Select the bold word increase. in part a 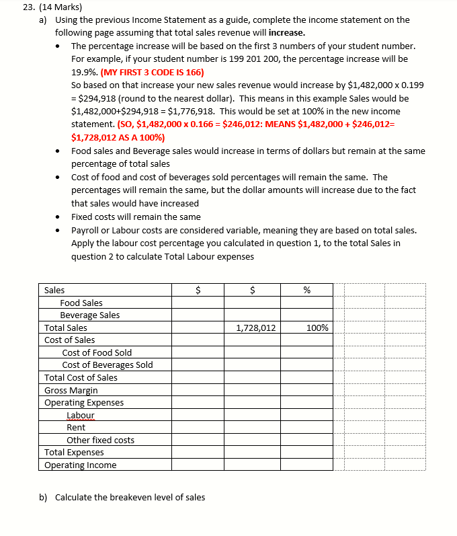point(286,32)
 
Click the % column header point(306,291)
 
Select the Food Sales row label point(81,303)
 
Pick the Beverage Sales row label point(90,315)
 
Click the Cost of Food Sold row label point(97,353)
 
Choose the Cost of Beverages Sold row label point(108,365)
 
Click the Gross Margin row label point(71,391)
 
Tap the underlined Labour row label point(81,416)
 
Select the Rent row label point(76,428)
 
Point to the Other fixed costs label point(100,441)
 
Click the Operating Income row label point(81,465)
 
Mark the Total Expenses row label point(74,453)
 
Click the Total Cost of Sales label point(81,378)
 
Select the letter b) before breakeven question point(44,498)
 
